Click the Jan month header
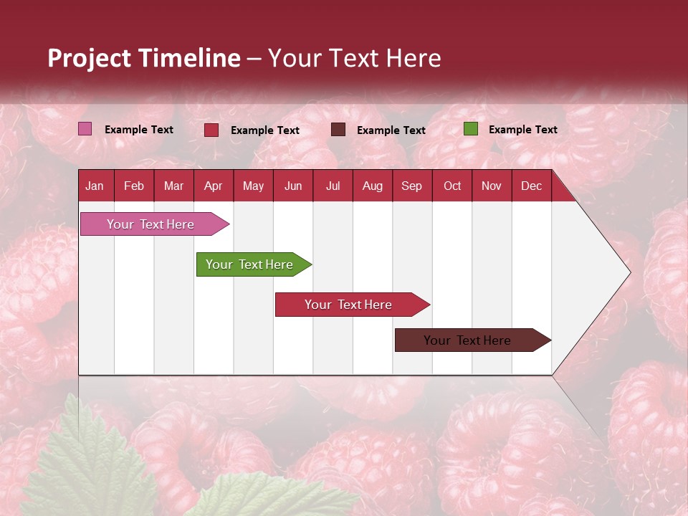point(95,186)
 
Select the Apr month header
point(213,186)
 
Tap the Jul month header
point(333,186)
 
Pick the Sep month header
point(411,186)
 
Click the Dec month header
point(531,186)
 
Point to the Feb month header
point(134,186)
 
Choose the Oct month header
point(452,186)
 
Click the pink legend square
point(85,129)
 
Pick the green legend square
point(470,129)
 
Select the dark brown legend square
point(338,129)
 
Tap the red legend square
point(211,130)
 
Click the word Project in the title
point(90,58)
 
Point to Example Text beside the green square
point(522,130)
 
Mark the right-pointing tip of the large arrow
point(629,272)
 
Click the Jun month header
point(293,186)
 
